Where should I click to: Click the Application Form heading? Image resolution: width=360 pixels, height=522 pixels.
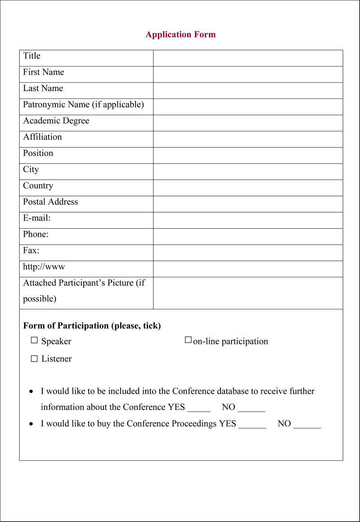pyautogui.click(x=180, y=35)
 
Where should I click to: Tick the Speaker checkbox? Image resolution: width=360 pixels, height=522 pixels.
pyautogui.click(x=34, y=341)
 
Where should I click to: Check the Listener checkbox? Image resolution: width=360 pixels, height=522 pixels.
pyautogui.click(x=34, y=358)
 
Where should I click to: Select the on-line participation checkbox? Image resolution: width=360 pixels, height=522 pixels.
pyautogui.click(x=188, y=340)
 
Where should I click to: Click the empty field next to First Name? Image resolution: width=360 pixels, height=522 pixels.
pyautogui.click(x=248, y=74)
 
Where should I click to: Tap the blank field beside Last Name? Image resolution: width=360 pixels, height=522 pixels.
pyautogui.click(x=248, y=90)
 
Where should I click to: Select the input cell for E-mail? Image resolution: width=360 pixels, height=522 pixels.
pyautogui.click(x=248, y=220)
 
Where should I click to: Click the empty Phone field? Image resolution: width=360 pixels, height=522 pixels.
pyautogui.click(x=248, y=236)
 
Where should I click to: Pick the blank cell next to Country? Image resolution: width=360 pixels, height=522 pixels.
pyautogui.click(x=248, y=188)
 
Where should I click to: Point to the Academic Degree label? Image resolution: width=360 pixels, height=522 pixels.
pyautogui.click(x=56, y=121)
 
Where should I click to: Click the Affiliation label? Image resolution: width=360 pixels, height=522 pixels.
pyautogui.click(x=42, y=137)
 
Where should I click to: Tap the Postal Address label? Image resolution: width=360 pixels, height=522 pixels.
pyautogui.click(x=50, y=202)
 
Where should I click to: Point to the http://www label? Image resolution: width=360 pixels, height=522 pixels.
pyautogui.click(x=44, y=267)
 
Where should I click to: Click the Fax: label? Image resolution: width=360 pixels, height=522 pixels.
pyautogui.click(x=31, y=250)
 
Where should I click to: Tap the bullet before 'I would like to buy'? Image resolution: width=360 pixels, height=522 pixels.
pyautogui.click(x=31, y=424)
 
